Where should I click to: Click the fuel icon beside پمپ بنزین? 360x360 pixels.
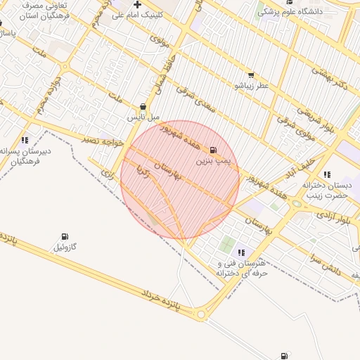tap(213, 150)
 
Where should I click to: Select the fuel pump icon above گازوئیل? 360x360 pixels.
tap(65, 236)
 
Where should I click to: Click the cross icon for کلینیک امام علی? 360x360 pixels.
tap(138, 4)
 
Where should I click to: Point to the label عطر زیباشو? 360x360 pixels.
tap(252, 86)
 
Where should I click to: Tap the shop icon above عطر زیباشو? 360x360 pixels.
tap(251, 75)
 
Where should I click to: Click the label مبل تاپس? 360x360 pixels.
tap(143, 117)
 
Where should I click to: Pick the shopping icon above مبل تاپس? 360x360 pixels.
tap(143, 107)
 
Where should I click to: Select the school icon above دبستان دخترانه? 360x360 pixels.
tap(327, 174)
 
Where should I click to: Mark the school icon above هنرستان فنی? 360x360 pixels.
tap(241, 252)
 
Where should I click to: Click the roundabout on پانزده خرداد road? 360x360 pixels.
tap(202, 315)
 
